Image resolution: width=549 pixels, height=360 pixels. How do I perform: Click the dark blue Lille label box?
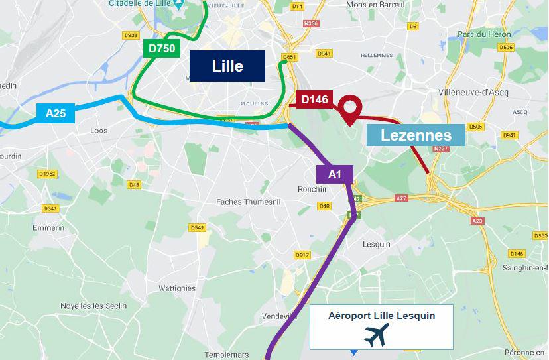(x=227, y=66)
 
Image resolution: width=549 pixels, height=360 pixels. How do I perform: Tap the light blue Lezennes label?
(x=416, y=135)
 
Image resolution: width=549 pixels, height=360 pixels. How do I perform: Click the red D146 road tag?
(x=314, y=99)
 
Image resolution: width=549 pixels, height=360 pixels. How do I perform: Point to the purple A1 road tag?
(x=335, y=174)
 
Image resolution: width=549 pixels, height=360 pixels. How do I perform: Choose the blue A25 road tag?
(x=56, y=113)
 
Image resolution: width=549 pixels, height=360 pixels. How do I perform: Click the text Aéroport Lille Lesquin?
(x=381, y=316)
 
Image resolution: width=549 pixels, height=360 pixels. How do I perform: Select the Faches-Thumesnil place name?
(x=249, y=202)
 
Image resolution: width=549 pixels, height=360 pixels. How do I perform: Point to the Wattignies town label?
(x=177, y=288)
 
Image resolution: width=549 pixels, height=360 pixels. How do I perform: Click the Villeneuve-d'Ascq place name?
(x=473, y=93)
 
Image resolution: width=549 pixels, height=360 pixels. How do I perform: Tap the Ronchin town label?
(x=312, y=189)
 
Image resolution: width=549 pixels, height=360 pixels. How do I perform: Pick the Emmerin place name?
(x=48, y=227)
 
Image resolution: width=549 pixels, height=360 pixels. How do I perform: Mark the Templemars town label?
(x=227, y=355)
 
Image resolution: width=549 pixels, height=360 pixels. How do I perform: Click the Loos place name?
(x=98, y=131)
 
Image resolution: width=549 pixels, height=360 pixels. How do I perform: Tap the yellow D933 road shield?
(x=131, y=35)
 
